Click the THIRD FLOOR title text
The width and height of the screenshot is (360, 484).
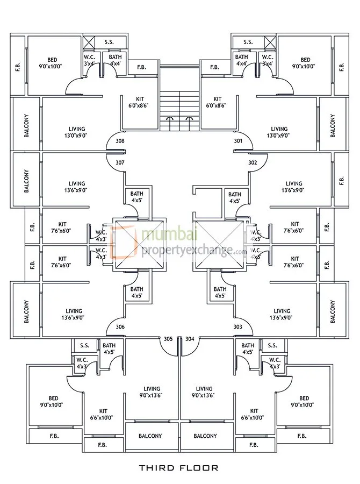(x=179, y=468)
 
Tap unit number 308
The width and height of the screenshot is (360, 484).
(x=120, y=141)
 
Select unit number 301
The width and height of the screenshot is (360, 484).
(x=239, y=141)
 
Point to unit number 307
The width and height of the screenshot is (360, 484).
(x=120, y=162)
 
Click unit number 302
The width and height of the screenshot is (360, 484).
(x=239, y=162)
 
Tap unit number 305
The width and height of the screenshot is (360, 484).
(x=168, y=339)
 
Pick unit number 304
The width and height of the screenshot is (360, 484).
(x=190, y=339)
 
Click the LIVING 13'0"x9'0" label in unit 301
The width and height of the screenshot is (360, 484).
(x=279, y=132)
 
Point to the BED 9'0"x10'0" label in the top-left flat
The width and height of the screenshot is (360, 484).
(x=52, y=63)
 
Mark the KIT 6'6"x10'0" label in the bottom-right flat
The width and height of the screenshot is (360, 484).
(x=254, y=414)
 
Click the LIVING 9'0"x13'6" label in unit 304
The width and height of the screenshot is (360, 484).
(x=204, y=392)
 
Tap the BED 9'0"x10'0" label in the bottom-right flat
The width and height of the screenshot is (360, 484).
(x=305, y=402)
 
